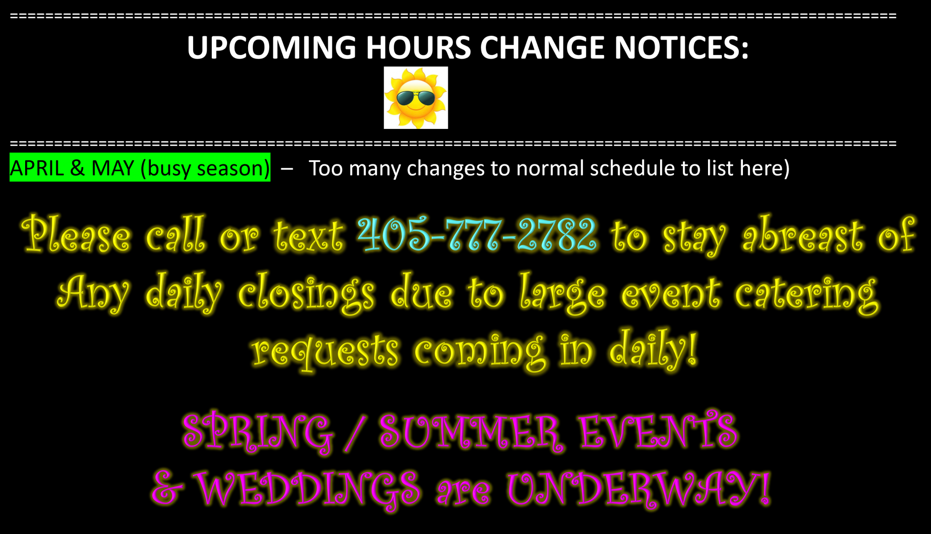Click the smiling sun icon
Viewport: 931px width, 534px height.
[x=416, y=98]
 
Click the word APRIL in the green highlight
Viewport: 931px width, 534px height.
[x=37, y=168]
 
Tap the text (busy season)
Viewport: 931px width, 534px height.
[x=205, y=168]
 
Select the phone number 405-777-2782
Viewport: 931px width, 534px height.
[x=477, y=234]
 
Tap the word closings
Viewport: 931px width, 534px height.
[x=306, y=293]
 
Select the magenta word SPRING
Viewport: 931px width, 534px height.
[x=258, y=432]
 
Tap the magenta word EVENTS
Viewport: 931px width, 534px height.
[x=659, y=431]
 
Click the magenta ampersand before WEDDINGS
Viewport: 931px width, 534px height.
[x=166, y=488]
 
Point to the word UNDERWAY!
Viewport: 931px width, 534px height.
[x=638, y=489]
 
